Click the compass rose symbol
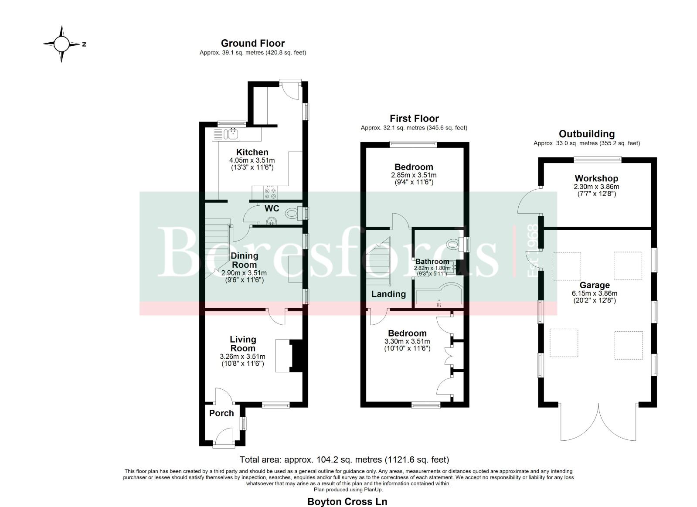click(x=61, y=44)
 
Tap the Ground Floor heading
click(x=252, y=43)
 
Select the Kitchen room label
click(x=252, y=152)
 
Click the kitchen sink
click(x=231, y=134)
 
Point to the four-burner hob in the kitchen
click(x=270, y=192)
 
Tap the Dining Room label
click(x=244, y=260)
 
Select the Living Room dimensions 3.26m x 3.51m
click(x=242, y=357)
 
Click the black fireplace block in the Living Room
click(x=298, y=356)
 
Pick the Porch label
click(x=221, y=413)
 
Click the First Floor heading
click(x=414, y=118)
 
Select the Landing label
click(x=388, y=294)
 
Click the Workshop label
click(x=596, y=178)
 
